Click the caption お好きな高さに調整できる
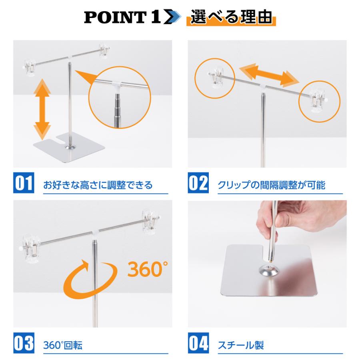[98, 185]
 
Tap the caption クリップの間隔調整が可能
[272, 185]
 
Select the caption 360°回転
[63, 345]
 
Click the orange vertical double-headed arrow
[42, 108]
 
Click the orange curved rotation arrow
[88, 280]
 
